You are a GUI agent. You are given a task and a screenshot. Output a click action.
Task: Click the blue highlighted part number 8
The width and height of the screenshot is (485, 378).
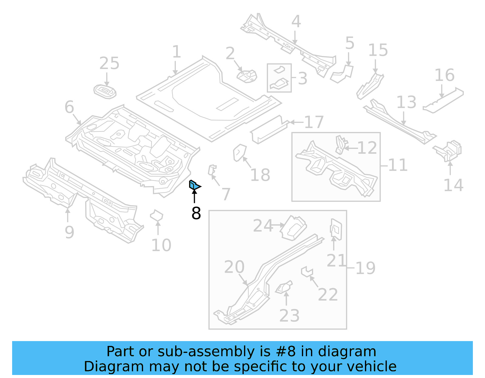[x=194, y=185]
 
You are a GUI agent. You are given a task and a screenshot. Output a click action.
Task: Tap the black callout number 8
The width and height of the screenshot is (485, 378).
[x=196, y=213]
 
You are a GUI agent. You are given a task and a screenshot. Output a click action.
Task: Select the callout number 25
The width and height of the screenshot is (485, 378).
[x=109, y=64]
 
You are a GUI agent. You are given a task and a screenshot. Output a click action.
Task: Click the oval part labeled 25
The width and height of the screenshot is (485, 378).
[x=105, y=91]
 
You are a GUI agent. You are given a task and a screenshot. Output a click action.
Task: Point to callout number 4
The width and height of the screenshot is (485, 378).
[x=296, y=22]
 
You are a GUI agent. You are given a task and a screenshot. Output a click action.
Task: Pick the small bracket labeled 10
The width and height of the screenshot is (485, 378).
[x=156, y=216]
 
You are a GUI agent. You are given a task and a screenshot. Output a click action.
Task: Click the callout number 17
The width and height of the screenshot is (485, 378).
[x=314, y=122]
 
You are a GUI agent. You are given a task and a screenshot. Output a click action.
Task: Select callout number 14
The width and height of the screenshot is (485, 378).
[x=453, y=185]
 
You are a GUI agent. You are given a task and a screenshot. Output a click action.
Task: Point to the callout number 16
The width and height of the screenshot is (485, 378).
[x=445, y=75]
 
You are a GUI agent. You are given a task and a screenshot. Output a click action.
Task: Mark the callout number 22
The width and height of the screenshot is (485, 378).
[x=328, y=295]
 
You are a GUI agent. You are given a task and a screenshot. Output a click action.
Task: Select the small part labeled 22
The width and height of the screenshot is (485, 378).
[x=307, y=271]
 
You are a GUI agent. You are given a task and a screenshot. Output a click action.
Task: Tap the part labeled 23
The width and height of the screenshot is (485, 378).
[x=284, y=288]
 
